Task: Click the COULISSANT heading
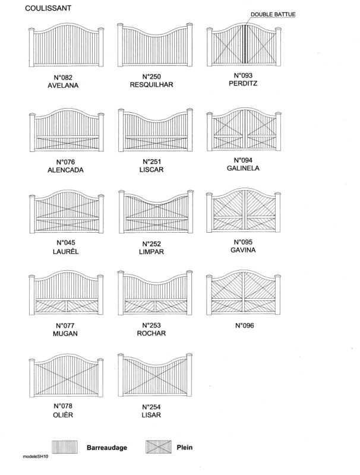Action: click(48, 8)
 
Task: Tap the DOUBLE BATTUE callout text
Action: click(273, 14)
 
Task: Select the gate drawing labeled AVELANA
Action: click(67, 45)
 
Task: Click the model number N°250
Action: click(151, 77)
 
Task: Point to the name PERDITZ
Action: click(243, 83)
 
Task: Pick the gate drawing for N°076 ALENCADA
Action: click(67, 129)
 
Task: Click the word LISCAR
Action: click(151, 170)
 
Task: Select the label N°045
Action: click(66, 243)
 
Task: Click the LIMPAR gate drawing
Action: click(156, 211)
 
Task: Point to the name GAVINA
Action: click(243, 250)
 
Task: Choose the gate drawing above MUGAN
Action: click(66, 293)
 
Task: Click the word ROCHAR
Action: click(151, 333)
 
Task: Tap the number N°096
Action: click(245, 325)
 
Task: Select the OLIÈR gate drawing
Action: click(66, 375)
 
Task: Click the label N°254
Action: click(151, 407)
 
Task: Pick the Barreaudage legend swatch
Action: click(65, 447)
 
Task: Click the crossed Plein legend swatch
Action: click(159, 447)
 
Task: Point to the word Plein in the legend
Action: click(185, 447)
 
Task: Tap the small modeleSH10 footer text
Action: click(36, 457)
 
